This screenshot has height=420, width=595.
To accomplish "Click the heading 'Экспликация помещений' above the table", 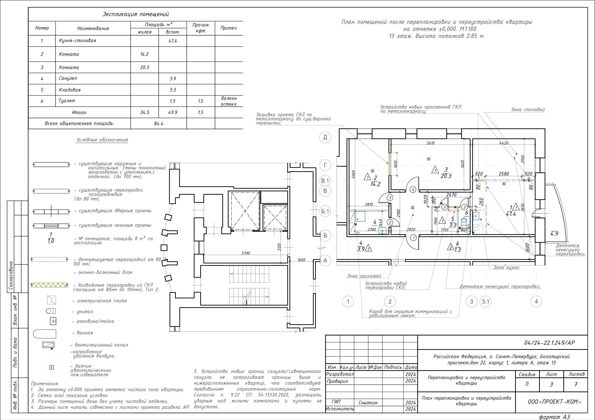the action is (136, 14).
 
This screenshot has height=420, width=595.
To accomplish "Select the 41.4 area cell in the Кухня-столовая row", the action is (173, 41).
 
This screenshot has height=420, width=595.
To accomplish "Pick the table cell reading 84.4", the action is (159, 124).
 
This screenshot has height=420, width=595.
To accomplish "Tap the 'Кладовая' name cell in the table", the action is (93, 90).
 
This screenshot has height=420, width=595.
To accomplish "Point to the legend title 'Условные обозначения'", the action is (102, 140).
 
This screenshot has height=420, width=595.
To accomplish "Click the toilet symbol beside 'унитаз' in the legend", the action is (51, 311).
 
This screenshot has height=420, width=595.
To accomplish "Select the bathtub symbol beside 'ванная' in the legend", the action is (45, 334).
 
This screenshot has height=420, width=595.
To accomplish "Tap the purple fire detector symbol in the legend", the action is (52, 367).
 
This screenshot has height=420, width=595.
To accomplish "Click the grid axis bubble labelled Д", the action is (325, 137).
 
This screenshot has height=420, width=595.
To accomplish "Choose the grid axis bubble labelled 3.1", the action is (485, 301).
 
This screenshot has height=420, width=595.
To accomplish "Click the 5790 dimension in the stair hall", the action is (246, 253).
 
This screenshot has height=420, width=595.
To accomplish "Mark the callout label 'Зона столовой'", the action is (528, 110).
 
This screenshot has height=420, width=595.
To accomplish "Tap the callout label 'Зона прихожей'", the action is (364, 276).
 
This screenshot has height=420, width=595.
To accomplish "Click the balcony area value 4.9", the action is (554, 234).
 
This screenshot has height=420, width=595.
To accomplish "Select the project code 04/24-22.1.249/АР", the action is (550, 343).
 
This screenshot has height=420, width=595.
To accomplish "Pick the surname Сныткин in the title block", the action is (368, 403).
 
